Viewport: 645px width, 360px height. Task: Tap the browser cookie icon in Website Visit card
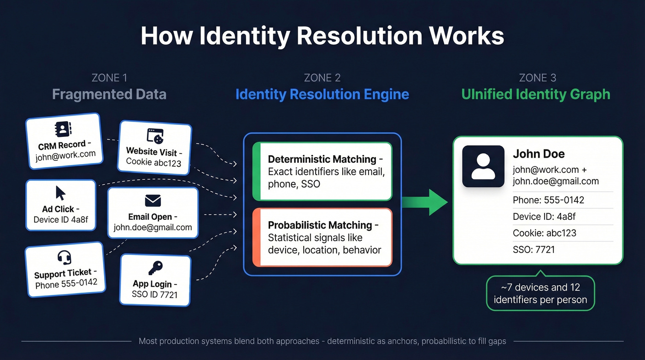155,136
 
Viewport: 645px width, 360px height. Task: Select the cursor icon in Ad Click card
60,193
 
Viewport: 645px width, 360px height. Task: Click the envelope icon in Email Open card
152,201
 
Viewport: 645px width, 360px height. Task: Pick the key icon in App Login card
155,268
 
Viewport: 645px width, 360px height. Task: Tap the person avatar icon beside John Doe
483,166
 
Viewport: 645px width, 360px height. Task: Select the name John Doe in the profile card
539,154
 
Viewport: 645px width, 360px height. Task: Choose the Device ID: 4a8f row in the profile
544,217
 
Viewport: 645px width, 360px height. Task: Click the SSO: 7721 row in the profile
534,250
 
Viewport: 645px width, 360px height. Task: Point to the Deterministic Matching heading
322,159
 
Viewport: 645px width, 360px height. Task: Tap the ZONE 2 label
322,78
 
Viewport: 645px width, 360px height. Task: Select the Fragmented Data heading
109,94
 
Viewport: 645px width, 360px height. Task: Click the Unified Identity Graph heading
536,94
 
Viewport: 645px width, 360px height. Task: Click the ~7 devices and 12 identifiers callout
540,294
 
